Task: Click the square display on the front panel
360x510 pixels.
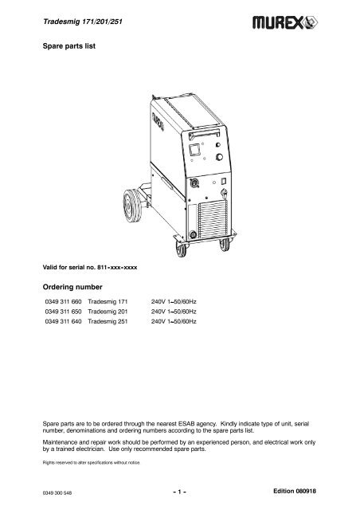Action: pyautogui.click(x=194, y=148)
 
